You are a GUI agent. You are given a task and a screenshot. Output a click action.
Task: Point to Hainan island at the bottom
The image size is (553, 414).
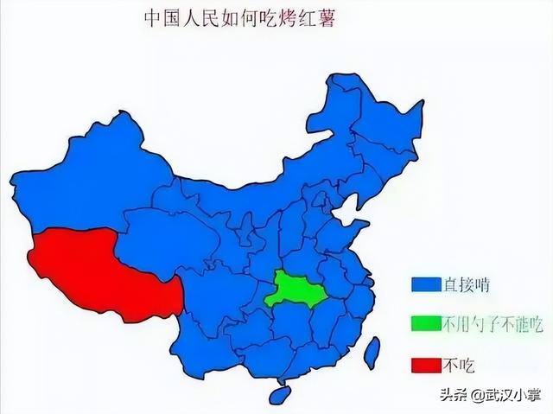(279, 396)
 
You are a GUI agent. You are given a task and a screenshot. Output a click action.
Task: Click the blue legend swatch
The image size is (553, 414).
(425, 284)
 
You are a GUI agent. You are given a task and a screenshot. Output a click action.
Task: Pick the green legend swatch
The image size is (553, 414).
(425, 323)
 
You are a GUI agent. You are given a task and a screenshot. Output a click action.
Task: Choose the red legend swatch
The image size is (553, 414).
(425, 363)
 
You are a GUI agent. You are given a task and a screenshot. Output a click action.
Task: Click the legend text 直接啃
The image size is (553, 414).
(466, 284)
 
